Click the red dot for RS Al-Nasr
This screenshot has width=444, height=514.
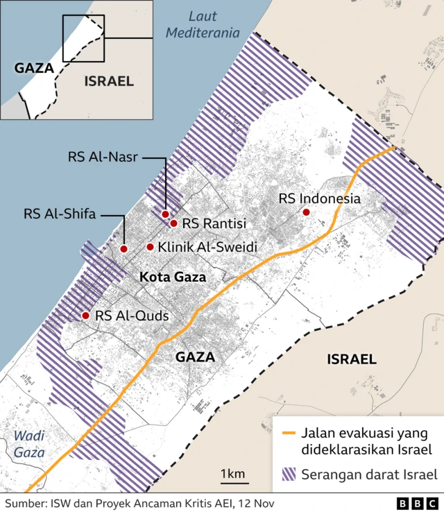[165, 214]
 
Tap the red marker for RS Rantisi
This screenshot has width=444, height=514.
[173, 223]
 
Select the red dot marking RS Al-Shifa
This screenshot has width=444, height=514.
[123, 248]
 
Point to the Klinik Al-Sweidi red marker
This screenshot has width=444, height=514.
[150, 246]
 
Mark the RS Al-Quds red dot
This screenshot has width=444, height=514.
[85, 316]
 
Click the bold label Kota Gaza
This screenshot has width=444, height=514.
[173, 277]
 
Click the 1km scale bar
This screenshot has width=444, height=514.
[233, 481]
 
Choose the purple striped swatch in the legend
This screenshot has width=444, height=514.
[289, 475]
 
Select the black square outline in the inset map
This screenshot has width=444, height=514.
[83, 38]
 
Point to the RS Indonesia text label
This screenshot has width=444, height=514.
[320, 199]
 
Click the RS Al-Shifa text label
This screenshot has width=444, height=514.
[59, 213]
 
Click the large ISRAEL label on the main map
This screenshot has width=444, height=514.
[351, 359]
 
